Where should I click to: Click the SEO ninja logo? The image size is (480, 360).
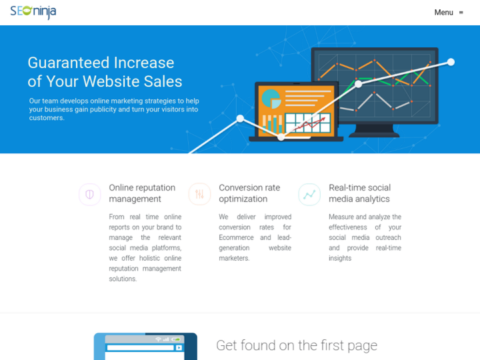(x=33, y=12)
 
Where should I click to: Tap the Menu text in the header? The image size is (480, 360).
(x=443, y=13)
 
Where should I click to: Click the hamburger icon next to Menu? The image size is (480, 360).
(x=461, y=13)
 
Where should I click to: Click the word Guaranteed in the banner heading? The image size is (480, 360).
(x=69, y=63)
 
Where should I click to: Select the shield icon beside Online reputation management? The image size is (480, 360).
(x=89, y=195)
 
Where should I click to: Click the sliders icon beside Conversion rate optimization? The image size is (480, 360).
(x=199, y=195)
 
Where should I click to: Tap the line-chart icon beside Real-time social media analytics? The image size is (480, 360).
(x=309, y=195)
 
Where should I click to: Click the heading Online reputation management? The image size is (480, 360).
(x=142, y=193)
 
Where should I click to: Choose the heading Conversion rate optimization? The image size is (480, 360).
(x=249, y=193)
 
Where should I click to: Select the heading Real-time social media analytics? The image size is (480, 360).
(x=359, y=193)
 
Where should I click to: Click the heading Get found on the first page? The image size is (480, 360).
(x=297, y=345)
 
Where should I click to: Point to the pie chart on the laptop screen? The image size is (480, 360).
(x=271, y=99)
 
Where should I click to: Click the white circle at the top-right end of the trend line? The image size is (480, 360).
(x=451, y=62)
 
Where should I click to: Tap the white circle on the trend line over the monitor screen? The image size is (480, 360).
(x=359, y=84)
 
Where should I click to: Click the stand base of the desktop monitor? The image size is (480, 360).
(x=374, y=134)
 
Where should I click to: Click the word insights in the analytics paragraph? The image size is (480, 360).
(x=340, y=259)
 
